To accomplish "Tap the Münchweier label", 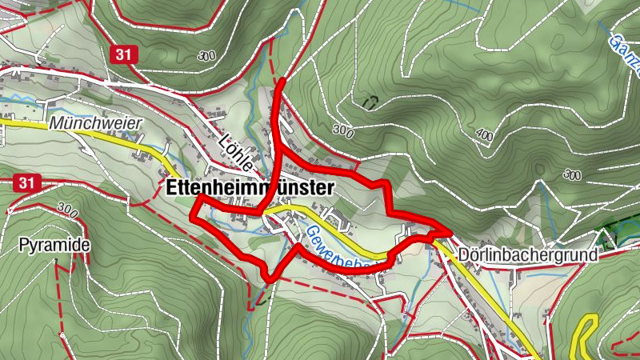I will click(95, 124).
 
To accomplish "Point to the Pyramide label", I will click(54, 244).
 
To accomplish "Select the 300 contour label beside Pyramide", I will click(67, 211).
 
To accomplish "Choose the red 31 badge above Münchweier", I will click(121, 54).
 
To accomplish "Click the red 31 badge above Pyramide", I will click(26, 183).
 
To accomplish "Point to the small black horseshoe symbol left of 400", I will click(370, 102).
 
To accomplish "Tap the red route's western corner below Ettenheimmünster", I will click(193, 214).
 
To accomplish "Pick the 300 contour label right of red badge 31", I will click(206, 56).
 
